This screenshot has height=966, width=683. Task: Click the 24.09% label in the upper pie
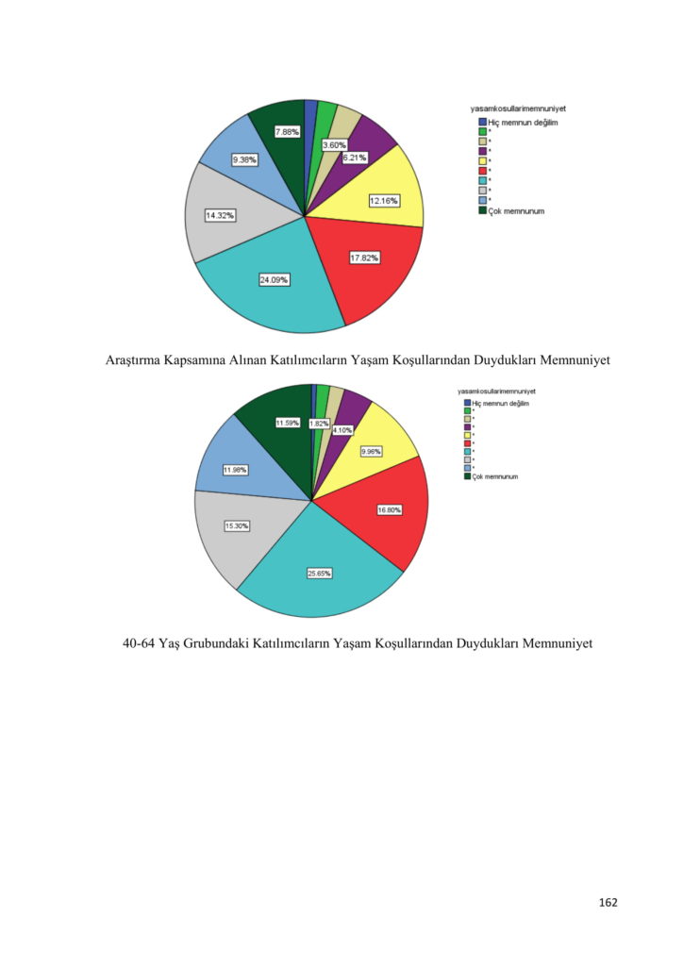[275, 279]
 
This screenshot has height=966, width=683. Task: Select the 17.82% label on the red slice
[364, 258]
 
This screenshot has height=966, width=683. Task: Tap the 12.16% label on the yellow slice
[384, 200]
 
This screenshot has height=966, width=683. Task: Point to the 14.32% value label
[220, 215]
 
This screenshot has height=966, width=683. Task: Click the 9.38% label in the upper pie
[244, 159]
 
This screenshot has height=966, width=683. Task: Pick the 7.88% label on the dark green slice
[287, 132]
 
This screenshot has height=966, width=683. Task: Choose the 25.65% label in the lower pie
[319, 574]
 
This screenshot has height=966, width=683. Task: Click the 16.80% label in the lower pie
[389, 509]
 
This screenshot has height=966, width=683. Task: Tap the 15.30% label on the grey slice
[236, 525]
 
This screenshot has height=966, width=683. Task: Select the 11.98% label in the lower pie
[235, 469]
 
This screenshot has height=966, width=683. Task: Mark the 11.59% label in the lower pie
[287, 423]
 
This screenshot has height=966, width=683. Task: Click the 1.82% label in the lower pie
[319, 424]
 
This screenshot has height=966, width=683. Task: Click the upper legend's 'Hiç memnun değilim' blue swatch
[482, 122]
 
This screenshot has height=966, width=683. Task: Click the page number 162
[608, 903]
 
